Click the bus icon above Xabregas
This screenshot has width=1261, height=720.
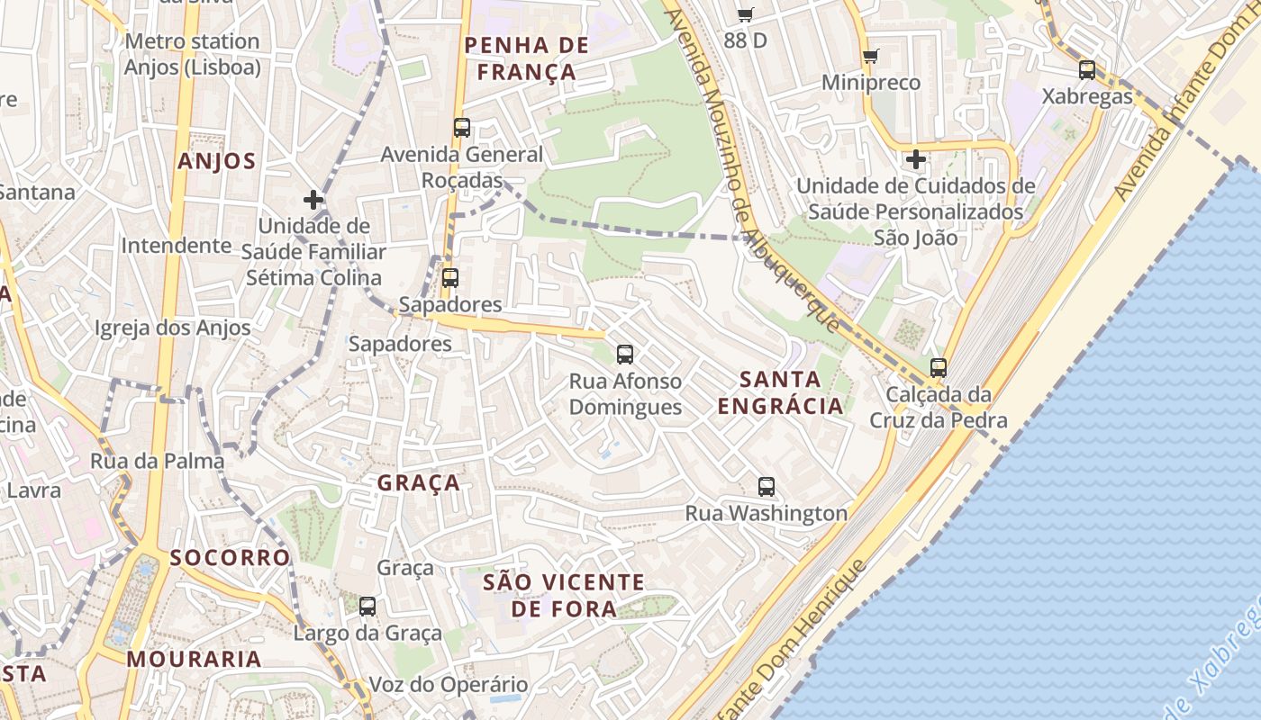(x=1087, y=70)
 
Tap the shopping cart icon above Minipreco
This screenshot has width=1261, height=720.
(x=870, y=57)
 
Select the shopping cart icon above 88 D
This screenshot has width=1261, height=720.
(x=745, y=14)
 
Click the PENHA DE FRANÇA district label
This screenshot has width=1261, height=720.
(x=527, y=58)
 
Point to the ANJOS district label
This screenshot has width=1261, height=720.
(x=217, y=161)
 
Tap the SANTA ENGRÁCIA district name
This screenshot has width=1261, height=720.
(x=781, y=392)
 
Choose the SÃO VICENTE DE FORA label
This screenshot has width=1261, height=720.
(x=564, y=595)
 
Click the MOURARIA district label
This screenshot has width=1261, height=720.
(x=194, y=659)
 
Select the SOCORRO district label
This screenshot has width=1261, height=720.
(x=230, y=557)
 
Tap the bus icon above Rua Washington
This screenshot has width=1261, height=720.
(x=767, y=487)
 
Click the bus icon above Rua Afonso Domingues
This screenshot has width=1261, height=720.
(x=625, y=355)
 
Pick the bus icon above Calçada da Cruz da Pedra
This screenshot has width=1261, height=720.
(x=939, y=368)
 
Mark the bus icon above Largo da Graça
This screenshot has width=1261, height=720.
(x=367, y=607)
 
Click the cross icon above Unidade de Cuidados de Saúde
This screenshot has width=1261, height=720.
(x=916, y=160)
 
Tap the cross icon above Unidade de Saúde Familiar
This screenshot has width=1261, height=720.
(x=313, y=200)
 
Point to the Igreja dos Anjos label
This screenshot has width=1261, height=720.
(x=173, y=328)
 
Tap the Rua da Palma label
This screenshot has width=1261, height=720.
(x=157, y=461)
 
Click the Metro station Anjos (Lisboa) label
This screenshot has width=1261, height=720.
(x=192, y=54)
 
